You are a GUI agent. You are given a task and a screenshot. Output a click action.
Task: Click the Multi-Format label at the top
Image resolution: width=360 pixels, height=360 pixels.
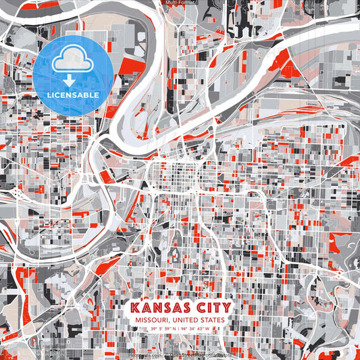tap(180, 3)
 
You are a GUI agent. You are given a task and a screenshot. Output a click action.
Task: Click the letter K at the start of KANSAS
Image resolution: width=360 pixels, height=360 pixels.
tap(132, 308)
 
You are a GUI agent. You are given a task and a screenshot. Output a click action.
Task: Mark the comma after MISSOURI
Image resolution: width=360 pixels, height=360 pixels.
tap(168, 322)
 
